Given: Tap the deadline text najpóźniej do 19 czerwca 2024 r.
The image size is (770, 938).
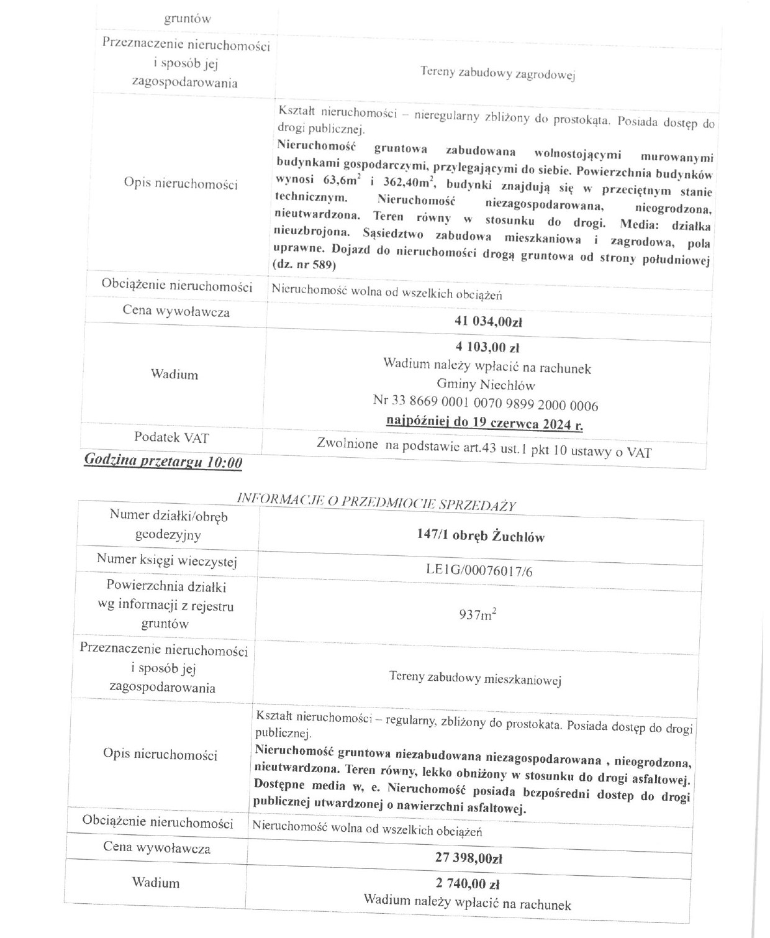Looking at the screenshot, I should coord(484,423).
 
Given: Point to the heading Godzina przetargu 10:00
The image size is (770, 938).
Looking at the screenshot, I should coord(163,462).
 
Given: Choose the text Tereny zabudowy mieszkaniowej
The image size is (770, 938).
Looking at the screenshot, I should coord(475,678).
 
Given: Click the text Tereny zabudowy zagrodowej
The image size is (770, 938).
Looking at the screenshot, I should coord(498,74).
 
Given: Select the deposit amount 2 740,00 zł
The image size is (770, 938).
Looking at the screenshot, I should coord(468,883).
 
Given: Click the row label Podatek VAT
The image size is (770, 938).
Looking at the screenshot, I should coord(171,437).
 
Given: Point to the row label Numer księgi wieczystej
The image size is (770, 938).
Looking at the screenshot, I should coord(167,560).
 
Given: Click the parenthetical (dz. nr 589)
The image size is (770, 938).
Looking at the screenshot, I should coord(304,265).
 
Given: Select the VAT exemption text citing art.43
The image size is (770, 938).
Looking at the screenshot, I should coord(484,449).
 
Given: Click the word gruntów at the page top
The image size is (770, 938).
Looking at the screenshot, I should coord(187,19).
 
